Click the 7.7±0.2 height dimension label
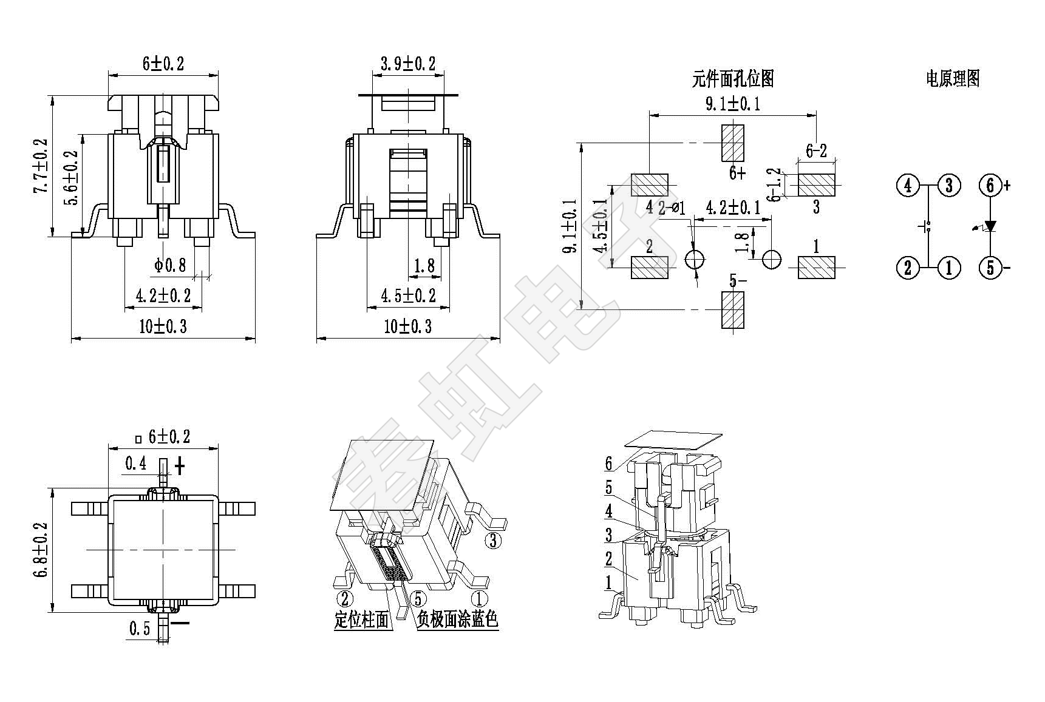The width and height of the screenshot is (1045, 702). tap(41, 166)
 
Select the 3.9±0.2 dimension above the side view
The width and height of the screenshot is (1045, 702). tap(408, 64)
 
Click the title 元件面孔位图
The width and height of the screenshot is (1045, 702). tap(733, 78)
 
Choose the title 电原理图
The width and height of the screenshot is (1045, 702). tap(953, 78)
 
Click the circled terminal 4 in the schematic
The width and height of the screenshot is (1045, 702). tap(908, 185)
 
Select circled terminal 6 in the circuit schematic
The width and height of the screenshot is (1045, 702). tap(990, 185)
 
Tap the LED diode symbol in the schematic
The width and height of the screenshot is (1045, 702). tap(990, 226)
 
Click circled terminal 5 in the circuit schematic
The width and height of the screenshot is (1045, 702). tap(990, 267)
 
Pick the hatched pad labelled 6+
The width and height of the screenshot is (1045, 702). tap(733, 143)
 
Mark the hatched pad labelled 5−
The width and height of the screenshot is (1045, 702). tap(733, 310)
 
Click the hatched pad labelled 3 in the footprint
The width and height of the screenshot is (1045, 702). tap(816, 184)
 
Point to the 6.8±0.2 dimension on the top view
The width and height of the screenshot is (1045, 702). tap(41, 549)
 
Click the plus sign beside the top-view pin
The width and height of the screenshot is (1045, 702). tap(180, 466)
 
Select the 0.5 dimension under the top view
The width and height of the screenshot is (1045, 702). tap(139, 629)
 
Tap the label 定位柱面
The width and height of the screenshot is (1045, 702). tap(361, 619)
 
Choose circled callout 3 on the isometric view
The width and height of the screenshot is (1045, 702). tap(493, 540)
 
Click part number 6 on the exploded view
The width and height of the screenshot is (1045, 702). tap(608, 464)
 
